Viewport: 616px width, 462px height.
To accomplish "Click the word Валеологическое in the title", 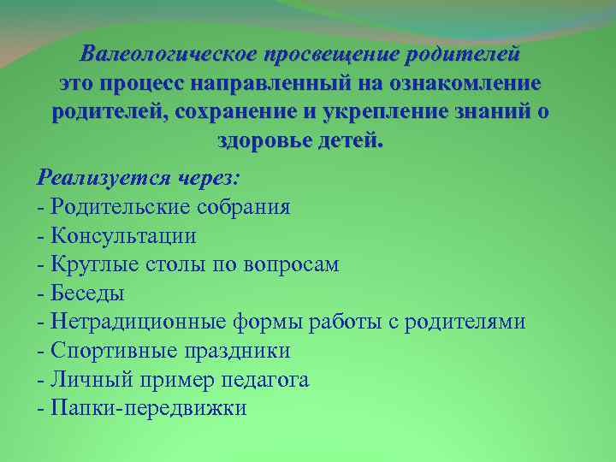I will tap(168, 56).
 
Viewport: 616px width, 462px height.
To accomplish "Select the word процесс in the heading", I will tap(141, 84).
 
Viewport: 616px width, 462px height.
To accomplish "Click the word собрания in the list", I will tap(248, 207).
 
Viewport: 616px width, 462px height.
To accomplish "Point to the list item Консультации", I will tap(123, 235).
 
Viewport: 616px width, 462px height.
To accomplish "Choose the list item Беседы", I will tap(87, 293).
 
